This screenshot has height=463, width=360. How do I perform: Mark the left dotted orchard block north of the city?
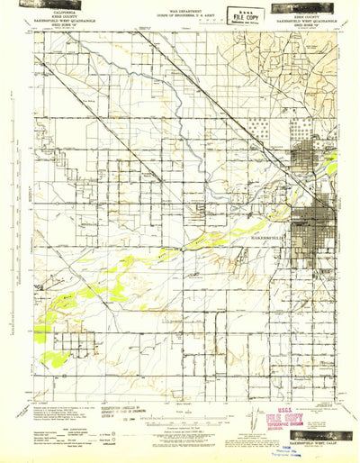click(262, 136)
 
